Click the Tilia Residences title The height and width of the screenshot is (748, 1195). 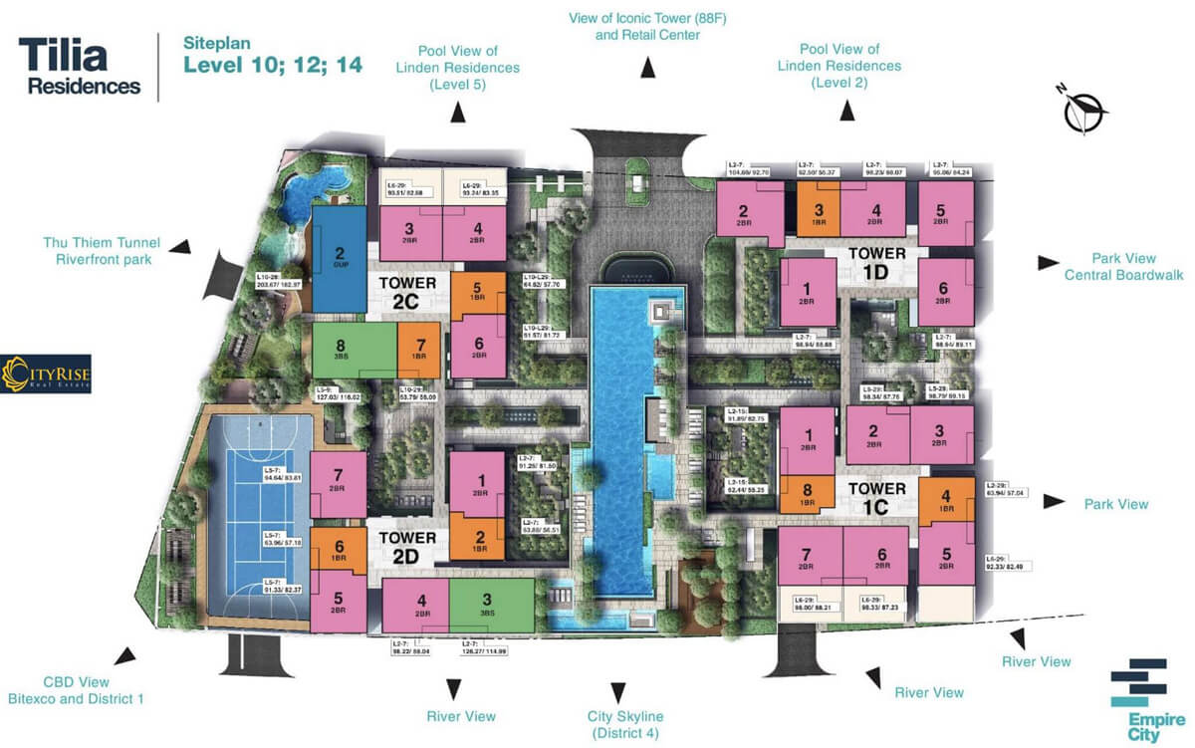point(80,66)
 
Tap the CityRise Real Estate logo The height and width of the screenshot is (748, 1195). point(46,374)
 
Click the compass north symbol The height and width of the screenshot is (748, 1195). point(1079,109)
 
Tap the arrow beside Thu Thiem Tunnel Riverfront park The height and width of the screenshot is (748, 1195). point(180,246)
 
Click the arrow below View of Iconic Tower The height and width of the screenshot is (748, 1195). point(648,68)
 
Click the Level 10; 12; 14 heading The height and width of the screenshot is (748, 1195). point(272,67)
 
